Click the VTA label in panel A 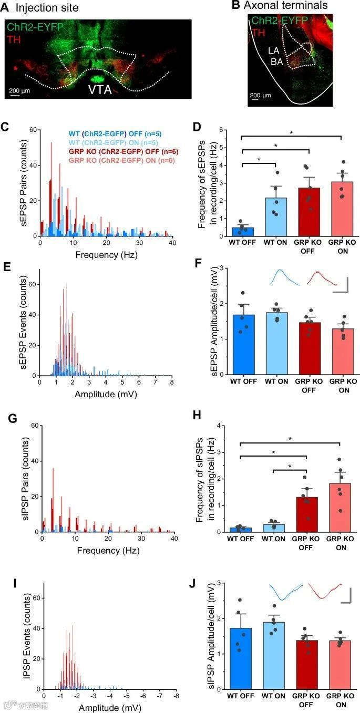click(x=100, y=89)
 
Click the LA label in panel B click(x=274, y=51)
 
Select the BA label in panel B click(x=277, y=61)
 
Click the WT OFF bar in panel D click(x=243, y=232)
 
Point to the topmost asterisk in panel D click(x=291, y=133)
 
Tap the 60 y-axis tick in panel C click(x=33, y=130)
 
